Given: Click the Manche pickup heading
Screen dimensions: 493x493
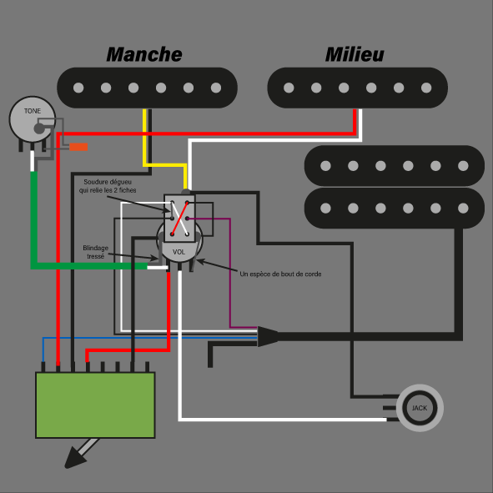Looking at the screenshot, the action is (x=144, y=54).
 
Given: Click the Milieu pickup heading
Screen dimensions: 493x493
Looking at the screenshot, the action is (x=355, y=54).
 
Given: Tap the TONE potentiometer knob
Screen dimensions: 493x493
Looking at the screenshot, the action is (x=33, y=119).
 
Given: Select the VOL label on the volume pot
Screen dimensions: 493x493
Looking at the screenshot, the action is (x=179, y=252).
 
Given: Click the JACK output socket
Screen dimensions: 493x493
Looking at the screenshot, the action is (x=420, y=408).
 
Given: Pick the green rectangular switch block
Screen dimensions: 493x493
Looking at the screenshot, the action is (x=95, y=405).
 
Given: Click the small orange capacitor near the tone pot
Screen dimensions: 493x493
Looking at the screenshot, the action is (x=78, y=147).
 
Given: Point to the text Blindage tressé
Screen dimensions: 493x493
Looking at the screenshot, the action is (x=96, y=252).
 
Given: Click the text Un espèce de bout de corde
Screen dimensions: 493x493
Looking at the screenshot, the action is (x=280, y=274).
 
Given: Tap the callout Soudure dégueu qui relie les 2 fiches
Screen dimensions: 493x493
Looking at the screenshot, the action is (x=108, y=186).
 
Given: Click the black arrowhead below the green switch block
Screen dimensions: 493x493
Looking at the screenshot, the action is (x=74, y=459).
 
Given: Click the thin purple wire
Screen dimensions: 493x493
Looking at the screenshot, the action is (x=230, y=273).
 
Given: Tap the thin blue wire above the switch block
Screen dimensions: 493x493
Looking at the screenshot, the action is (x=149, y=338).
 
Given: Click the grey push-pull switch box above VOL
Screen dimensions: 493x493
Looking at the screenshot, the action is (x=179, y=218).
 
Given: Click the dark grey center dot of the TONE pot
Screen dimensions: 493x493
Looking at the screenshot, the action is (x=39, y=128).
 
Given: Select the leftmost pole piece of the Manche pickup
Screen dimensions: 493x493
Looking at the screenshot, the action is (x=78, y=88).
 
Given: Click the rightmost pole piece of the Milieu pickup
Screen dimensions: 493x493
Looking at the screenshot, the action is (x=426, y=88).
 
